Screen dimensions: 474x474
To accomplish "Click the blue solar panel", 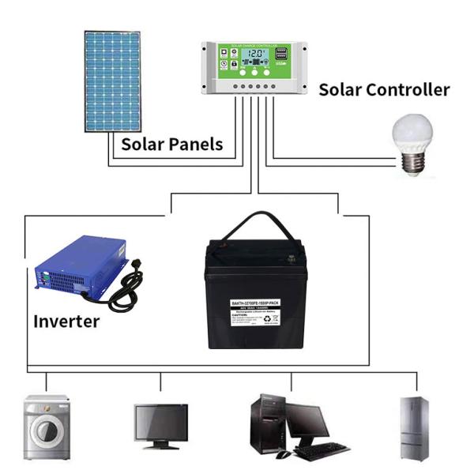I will [112, 81].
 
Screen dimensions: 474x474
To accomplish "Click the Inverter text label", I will [66, 322].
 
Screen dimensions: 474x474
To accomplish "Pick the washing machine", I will [46, 427].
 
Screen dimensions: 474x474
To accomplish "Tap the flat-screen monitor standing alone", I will [160, 424].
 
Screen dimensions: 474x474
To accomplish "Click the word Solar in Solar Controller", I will [340, 89].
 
